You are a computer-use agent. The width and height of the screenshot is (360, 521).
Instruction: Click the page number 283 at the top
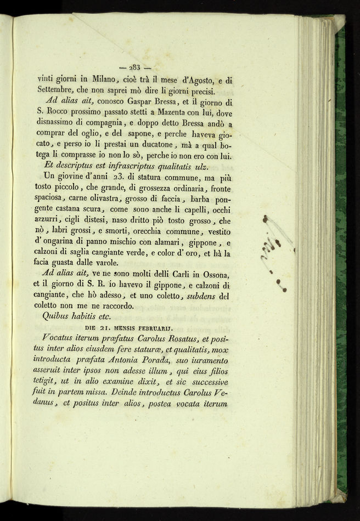point(135,67)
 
